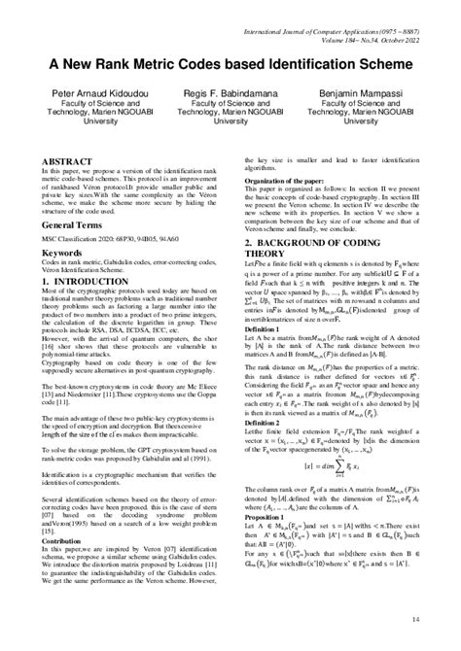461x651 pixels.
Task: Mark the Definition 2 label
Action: (x=260, y=423)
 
